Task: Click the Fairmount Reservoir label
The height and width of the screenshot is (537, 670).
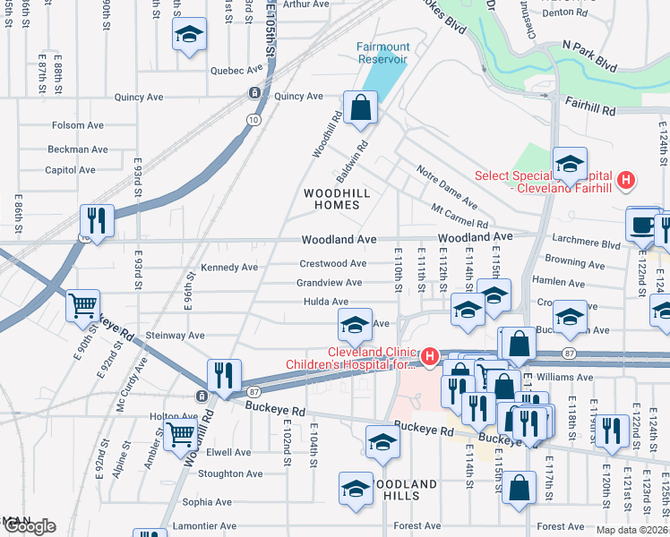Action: click(x=382, y=53)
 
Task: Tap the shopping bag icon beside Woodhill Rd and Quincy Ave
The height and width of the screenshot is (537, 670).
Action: click(x=359, y=108)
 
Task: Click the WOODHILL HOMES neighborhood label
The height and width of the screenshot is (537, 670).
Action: click(x=337, y=199)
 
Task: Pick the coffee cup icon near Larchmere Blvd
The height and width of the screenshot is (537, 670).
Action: click(x=642, y=225)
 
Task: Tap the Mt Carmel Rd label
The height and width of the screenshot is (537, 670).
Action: click(x=459, y=216)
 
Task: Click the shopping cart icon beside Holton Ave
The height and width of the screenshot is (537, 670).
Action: click(x=181, y=435)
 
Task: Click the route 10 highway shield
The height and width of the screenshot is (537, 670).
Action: click(x=255, y=119)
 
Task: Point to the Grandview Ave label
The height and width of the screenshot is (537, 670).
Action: click(x=329, y=283)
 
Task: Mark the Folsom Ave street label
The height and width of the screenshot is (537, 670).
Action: click(x=78, y=126)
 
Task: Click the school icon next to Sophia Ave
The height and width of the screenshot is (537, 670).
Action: click(x=356, y=489)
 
